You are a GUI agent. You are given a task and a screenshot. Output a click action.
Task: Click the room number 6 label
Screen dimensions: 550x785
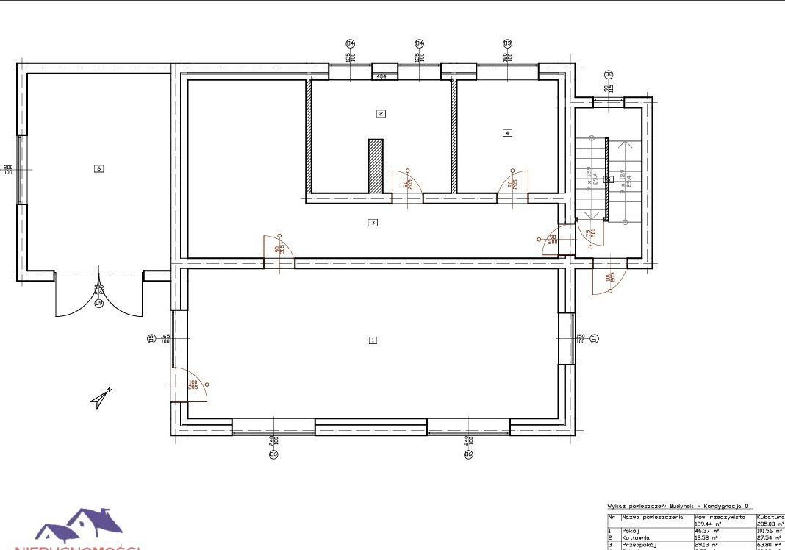[98, 168]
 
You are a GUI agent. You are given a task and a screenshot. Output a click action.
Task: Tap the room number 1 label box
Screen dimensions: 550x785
[373, 340]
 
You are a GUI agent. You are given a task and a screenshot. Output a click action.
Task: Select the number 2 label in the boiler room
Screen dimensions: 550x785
[380, 113]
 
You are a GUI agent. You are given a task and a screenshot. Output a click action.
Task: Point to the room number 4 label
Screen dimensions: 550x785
[506, 133]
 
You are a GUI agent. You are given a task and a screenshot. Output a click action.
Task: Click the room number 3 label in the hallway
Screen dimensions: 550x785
[373, 221]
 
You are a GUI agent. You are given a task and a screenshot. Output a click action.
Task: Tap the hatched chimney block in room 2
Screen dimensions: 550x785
[376, 166]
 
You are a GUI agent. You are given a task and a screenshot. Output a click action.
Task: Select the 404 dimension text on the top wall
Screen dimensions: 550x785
[381, 76]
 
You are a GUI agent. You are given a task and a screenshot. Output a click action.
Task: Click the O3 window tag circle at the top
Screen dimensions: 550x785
[507, 43]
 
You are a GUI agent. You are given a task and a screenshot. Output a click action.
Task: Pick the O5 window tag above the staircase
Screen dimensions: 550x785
[609, 74]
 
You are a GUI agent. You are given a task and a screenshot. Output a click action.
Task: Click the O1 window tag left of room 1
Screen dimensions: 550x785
[151, 339]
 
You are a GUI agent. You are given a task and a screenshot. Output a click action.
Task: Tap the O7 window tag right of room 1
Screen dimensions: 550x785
[595, 339]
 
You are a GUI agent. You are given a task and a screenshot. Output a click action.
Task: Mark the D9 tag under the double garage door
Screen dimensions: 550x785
[99, 303]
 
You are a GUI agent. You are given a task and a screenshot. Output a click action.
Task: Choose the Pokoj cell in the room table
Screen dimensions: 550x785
[631, 530]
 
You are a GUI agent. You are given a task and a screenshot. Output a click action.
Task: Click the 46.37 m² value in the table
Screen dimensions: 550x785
[706, 530]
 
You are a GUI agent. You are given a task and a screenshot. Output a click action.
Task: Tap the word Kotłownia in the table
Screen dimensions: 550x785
[635, 537]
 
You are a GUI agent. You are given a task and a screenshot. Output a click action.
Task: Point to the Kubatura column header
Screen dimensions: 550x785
[770, 517]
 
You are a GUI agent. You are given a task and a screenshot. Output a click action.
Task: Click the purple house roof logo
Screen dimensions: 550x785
[81, 526]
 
